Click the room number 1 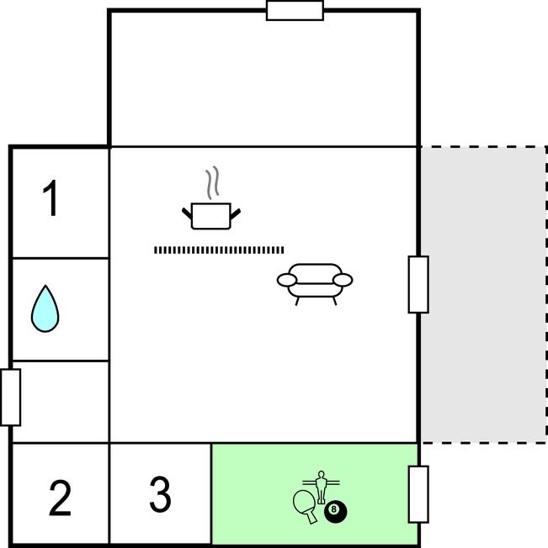pyautogui.click(x=52, y=200)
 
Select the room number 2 pyautogui.click(x=60, y=498)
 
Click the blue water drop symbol pyautogui.click(x=45, y=308)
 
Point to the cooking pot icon pyautogui.click(x=211, y=215)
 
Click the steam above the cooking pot pyautogui.click(x=214, y=182)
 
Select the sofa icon pyautogui.click(x=315, y=282)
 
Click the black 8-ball pyautogui.click(x=335, y=509)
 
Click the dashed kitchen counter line pyautogui.click(x=219, y=250)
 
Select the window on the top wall pyautogui.click(x=295, y=11)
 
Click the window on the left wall pyautogui.click(x=11, y=397)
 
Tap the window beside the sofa pyautogui.click(x=418, y=284)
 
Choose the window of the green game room pyautogui.click(x=418, y=494)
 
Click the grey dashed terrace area pyautogui.click(x=483, y=294)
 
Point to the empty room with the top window pyautogui.click(x=263, y=80)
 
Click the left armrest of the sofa pyautogui.click(x=286, y=280)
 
